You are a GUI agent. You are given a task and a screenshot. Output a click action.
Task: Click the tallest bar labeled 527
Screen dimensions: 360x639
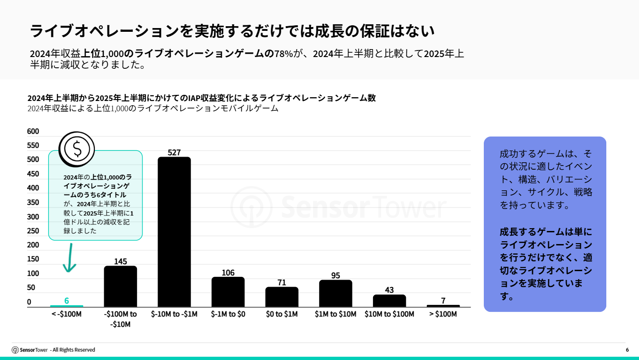point(174,232)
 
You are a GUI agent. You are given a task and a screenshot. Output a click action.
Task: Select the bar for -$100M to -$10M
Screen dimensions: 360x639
point(120,286)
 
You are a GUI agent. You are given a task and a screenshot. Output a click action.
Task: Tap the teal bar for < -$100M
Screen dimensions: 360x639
point(66,306)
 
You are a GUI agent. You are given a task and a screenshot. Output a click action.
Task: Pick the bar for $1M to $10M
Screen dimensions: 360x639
point(336,293)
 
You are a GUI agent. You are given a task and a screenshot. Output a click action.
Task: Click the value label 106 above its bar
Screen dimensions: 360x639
point(228,273)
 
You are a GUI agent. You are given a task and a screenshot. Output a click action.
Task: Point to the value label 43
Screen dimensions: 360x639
point(389,290)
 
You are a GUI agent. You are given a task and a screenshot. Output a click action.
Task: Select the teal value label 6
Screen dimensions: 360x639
point(66,301)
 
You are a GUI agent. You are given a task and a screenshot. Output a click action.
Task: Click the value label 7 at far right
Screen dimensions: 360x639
point(443,301)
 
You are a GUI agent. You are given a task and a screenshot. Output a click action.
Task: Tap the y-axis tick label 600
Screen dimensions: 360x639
point(33,131)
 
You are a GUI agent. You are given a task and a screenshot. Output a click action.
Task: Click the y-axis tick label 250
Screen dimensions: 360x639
point(33,231)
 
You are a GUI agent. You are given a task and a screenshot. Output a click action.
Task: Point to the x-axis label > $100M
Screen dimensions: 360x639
point(443,314)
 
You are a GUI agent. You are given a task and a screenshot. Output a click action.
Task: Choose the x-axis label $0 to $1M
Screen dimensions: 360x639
point(281,314)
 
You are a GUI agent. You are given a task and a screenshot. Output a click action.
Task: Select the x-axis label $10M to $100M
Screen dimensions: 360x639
point(389,314)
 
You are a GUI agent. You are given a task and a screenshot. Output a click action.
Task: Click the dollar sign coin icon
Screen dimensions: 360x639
point(77,149)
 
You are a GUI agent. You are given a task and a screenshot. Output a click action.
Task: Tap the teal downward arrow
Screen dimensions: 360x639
point(70,258)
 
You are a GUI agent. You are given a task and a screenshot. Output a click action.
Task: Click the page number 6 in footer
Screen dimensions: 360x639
point(627,350)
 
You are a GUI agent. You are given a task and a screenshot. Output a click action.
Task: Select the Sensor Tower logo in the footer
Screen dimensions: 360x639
point(30,350)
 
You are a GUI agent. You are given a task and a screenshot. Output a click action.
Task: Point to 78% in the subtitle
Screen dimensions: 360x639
point(283,54)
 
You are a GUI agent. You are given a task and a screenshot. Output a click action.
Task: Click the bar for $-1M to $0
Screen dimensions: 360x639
point(228,292)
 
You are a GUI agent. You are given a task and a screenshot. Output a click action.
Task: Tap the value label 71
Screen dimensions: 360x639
point(281,282)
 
